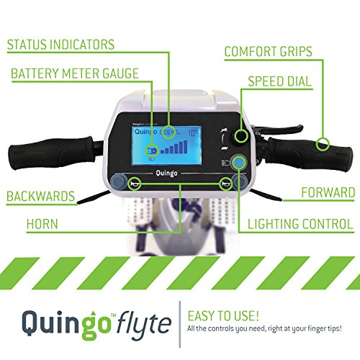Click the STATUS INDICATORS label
[60, 45]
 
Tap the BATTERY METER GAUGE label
[75, 73]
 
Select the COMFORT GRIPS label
[269, 51]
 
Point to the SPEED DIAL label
[280, 81]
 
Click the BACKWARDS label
[40, 197]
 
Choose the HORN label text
[42, 224]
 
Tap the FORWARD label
[328, 192]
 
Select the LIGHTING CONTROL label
[300, 224]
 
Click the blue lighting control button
[238, 163]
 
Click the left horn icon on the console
[134, 184]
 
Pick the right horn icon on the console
[225, 184]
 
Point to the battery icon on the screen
[152, 151]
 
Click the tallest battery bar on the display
[185, 147]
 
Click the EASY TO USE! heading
[223, 316]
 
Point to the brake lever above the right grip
[279, 129]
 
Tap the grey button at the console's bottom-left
[118, 181]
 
